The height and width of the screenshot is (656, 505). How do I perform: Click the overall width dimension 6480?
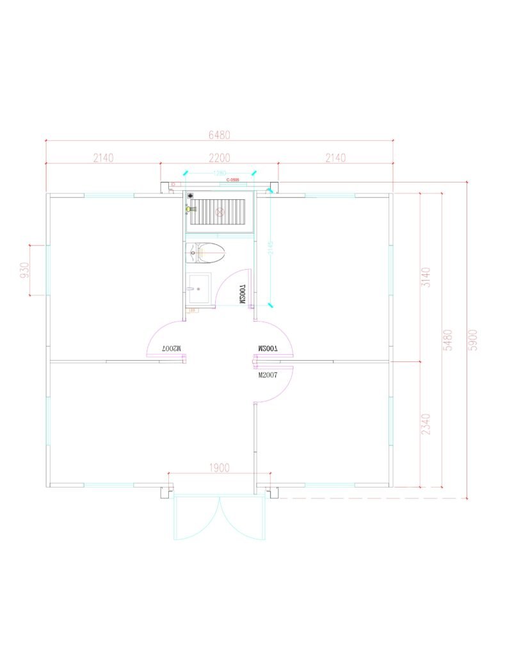[x=219, y=135]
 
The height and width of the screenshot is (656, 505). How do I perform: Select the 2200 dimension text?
[x=219, y=158]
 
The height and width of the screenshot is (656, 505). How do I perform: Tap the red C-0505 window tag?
[x=232, y=181]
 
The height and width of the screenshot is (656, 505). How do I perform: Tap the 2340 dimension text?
[x=426, y=424]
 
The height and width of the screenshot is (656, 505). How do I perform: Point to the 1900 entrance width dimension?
[x=219, y=468]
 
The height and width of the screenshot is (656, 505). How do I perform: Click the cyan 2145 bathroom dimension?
[x=270, y=248]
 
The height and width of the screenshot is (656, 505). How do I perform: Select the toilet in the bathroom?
[x=206, y=254]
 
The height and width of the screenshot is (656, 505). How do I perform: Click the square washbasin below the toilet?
[x=199, y=288]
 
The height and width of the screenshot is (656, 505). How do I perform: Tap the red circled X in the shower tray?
[x=220, y=211]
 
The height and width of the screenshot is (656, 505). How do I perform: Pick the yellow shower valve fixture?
[x=188, y=209]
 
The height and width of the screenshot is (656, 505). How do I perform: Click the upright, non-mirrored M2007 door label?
[x=267, y=376]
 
